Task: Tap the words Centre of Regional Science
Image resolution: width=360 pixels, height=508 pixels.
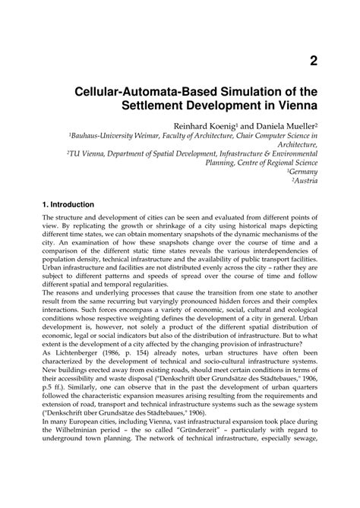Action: (x=273, y=162)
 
